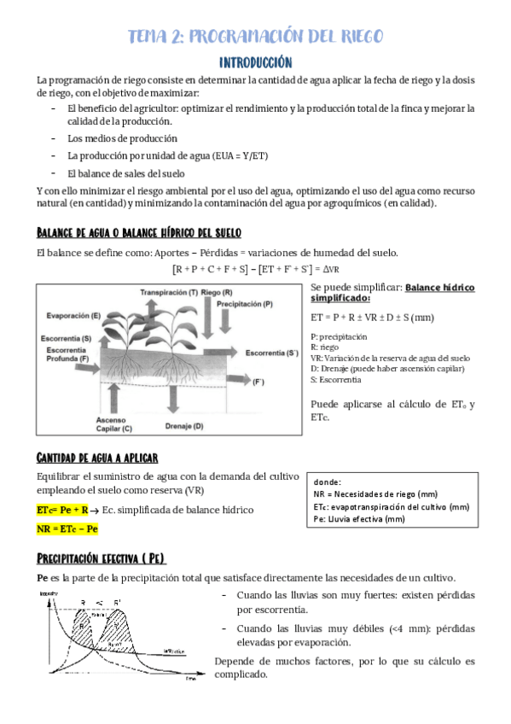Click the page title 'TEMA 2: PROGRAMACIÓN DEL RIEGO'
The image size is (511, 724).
[x=255, y=36]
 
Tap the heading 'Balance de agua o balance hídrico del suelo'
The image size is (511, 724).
[x=139, y=233]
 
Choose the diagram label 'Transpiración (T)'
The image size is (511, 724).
[x=169, y=292]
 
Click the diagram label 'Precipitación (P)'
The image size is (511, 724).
[x=245, y=304]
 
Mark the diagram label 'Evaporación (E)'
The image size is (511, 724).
[x=73, y=316]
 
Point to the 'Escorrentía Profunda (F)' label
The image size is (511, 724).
[x=65, y=354]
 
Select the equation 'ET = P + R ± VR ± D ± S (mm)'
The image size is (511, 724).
[x=373, y=317]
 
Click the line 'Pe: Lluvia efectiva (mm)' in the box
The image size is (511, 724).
[x=359, y=518]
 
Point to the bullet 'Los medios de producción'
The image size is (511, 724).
[x=123, y=137]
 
